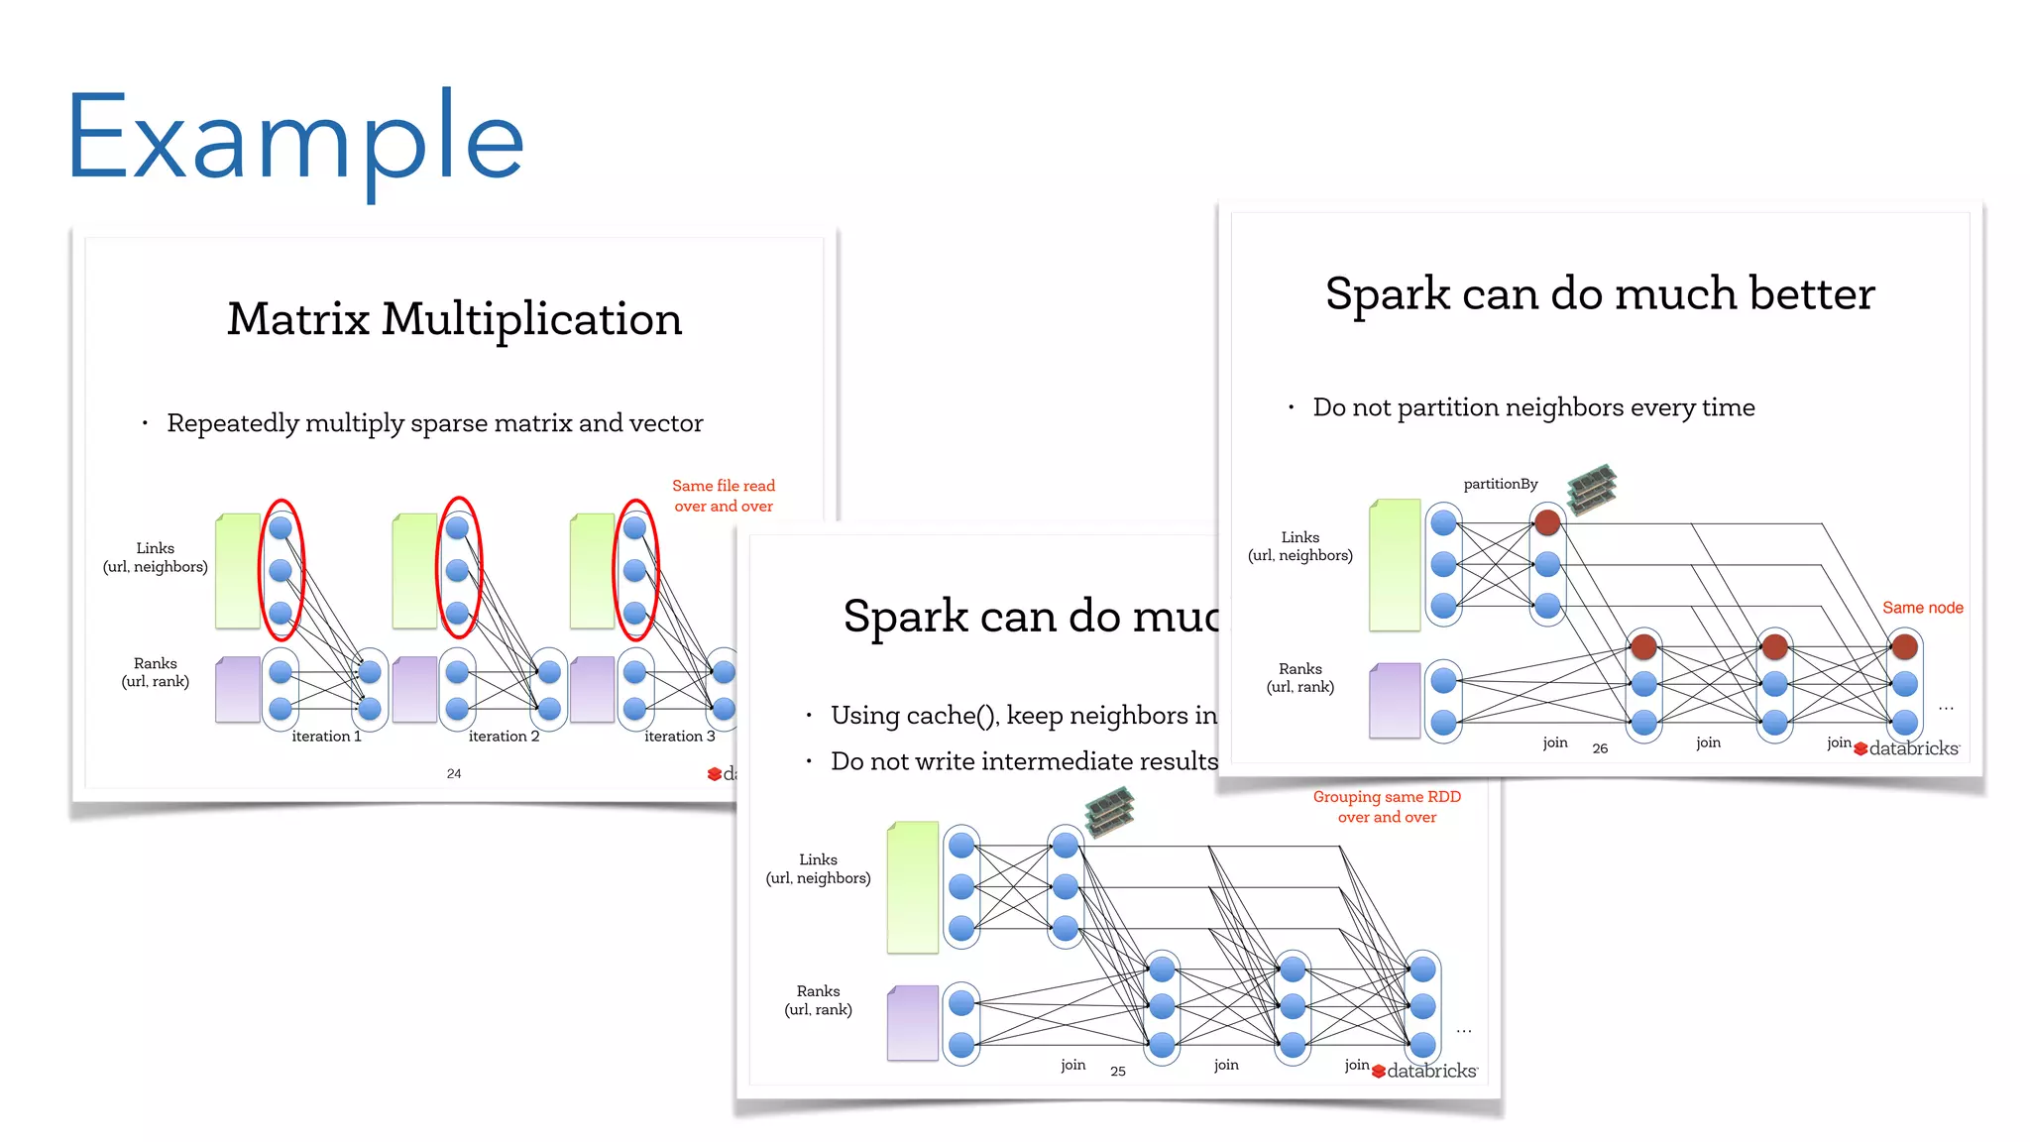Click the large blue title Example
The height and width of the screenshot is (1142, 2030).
(294, 139)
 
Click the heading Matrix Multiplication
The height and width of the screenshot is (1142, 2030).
(454, 319)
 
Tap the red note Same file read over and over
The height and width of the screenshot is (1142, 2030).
(724, 496)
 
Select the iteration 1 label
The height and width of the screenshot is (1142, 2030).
(326, 737)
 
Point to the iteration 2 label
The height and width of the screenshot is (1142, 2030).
(504, 737)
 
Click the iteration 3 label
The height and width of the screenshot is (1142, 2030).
(679, 737)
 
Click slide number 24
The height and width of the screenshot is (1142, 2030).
(454, 773)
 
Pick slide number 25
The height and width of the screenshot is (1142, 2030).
(1118, 1072)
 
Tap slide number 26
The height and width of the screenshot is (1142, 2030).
(1600, 748)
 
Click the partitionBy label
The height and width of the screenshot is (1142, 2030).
(1501, 484)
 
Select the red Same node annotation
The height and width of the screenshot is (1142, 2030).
(1922, 608)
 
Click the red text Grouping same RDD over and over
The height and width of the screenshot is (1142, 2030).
(1387, 807)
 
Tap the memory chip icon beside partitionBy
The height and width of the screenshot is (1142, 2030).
(1592, 489)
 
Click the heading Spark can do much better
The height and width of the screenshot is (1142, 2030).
(1600, 294)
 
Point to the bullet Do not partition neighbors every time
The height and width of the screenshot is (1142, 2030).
(1533, 407)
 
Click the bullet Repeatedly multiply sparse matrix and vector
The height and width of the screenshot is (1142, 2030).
(434, 423)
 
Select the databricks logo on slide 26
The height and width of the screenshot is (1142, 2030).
(1907, 748)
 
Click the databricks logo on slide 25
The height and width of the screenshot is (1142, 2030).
(1425, 1071)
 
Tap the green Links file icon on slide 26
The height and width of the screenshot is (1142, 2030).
(1395, 565)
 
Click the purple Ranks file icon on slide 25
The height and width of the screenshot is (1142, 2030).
(913, 1022)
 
